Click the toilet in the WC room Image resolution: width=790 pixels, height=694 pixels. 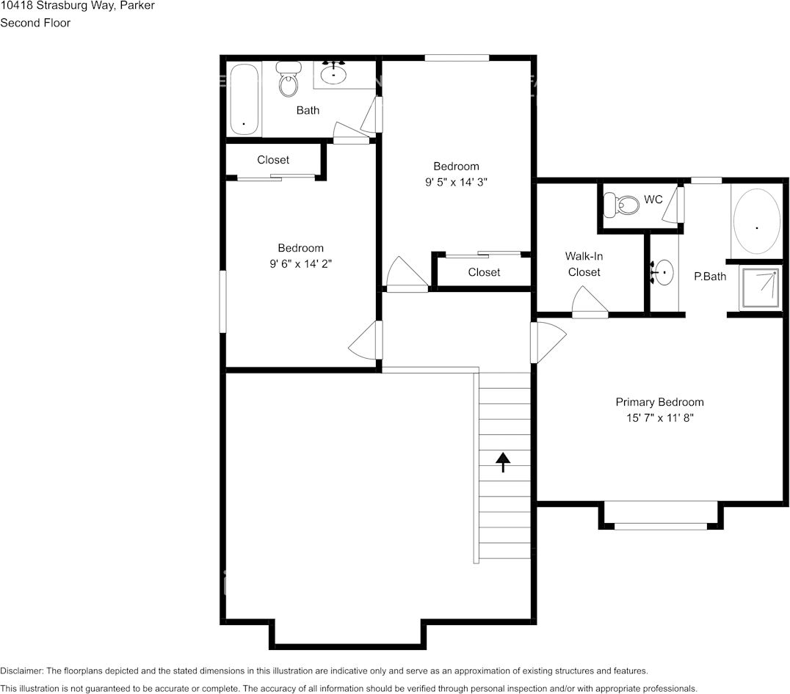621,205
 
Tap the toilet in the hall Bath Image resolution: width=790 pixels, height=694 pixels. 289,80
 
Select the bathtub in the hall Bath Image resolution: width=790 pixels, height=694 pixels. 244,99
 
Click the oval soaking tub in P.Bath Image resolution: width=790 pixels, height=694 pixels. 757,221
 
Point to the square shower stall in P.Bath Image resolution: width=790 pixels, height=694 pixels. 760,289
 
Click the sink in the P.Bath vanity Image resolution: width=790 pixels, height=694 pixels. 662,273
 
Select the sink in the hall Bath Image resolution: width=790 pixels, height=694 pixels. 333,73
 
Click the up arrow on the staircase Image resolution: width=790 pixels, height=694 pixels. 503,461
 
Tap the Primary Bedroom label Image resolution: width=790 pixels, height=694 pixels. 659,402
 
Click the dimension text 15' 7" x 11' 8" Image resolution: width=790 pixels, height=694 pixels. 659,418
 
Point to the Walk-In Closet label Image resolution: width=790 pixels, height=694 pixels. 584,264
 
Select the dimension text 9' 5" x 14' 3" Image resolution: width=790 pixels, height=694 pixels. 455,183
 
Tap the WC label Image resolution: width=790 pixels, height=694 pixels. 653,200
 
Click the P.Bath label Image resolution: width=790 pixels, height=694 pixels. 710,277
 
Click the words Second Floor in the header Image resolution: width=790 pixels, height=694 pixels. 35,23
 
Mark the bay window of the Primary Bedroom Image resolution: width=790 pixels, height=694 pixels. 660,525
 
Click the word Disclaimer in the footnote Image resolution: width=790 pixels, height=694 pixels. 21,671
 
